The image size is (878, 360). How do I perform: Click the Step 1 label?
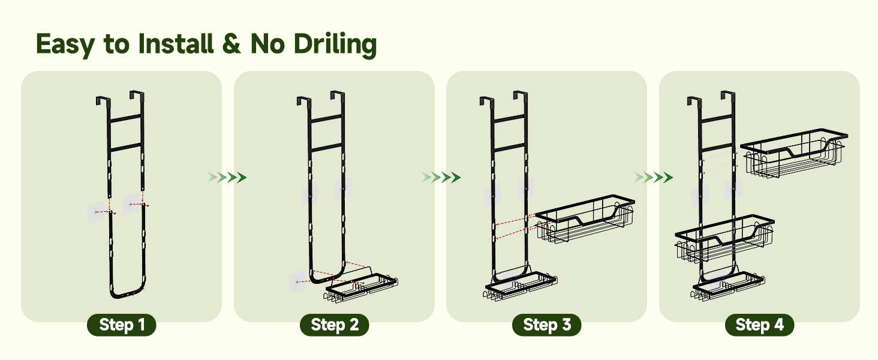[122, 325]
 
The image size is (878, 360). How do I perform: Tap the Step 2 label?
[334, 325]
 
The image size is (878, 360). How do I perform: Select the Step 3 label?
[547, 325]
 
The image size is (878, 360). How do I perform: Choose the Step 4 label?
[760, 325]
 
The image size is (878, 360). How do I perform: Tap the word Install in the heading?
[176, 43]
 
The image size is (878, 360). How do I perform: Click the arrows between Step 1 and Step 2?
[227, 177]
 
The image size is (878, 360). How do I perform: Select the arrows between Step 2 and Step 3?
[441, 177]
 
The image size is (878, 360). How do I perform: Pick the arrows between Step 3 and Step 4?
[654, 177]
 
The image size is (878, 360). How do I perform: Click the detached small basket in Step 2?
[361, 287]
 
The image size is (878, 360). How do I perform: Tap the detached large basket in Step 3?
[585, 219]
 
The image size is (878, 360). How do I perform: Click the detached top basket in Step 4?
[793, 153]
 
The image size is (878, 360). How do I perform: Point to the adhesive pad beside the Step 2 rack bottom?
[297, 281]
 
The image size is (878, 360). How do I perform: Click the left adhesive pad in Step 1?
[97, 212]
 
